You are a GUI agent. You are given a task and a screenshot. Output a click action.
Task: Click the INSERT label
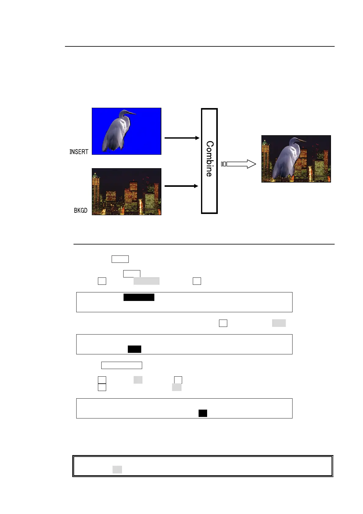[79, 152]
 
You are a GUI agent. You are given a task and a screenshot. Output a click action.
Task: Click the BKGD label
[81, 210]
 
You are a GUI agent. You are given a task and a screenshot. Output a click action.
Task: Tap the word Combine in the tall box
[209, 159]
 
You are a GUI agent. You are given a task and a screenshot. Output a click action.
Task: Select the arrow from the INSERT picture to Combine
[182, 138]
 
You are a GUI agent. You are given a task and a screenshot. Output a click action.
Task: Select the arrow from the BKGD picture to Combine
[181, 186]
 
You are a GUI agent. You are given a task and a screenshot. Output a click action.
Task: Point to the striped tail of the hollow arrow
[224, 164]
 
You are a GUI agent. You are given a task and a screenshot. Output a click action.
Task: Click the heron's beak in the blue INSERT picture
[132, 113]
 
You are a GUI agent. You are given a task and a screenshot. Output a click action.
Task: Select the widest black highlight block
[139, 297]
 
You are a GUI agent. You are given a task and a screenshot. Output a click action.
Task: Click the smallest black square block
[203, 413]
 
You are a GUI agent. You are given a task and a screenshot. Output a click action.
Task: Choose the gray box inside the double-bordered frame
[117, 469]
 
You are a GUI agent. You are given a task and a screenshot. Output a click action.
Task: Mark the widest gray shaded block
[146, 281]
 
